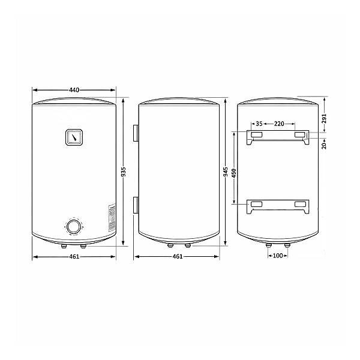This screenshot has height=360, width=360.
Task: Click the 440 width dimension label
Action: pyautogui.click(x=74, y=90)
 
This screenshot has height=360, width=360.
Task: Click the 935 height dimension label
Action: pyautogui.click(x=124, y=172)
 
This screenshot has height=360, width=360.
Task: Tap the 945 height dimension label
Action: pyautogui.click(x=226, y=172)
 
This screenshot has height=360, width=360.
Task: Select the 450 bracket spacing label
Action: pyautogui.click(x=234, y=174)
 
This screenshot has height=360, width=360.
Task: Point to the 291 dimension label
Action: pyautogui.click(x=324, y=119)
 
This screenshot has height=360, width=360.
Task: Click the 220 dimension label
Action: pyautogui.click(x=279, y=124)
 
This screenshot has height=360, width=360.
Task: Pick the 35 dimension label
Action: pyautogui.click(x=259, y=124)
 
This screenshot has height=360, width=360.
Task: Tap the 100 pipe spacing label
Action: pyautogui.click(x=278, y=256)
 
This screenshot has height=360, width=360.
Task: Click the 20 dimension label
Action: pyautogui.click(x=324, y=146)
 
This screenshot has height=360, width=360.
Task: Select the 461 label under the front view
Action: pyautogui.click(x=74, y=256)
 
